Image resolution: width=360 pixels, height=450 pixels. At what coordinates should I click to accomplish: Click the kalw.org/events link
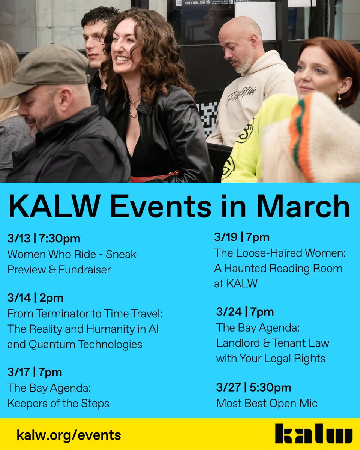pyautogui.click(x=69, y=435)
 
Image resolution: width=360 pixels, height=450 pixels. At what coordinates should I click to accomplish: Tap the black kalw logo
pyautogui.click(x=313, y=434)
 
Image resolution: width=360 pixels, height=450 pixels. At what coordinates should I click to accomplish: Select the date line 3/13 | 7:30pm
pyautogui.click(x=44, y=238)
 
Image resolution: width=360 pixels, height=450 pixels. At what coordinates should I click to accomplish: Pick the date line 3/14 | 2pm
pyautogui.click(x=35, y=298)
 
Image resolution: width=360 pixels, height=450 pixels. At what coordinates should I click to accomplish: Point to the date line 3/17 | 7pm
pyautogui.click(x=34, y=372)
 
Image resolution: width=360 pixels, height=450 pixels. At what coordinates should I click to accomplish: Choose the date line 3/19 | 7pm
pyautogui.click(x=242, y=237)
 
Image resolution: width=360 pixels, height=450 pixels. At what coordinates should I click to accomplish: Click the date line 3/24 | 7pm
pyautogui.click(x=245, y=312)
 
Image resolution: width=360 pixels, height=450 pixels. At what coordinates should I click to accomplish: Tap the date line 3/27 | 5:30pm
pyautogui.click(x=253, y=387)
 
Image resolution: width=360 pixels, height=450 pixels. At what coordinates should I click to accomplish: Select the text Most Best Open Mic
pyautogui.click(x=267, y=403)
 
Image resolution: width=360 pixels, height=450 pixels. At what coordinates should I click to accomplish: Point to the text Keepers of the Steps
pyautogui.click(x=58, y=403)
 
